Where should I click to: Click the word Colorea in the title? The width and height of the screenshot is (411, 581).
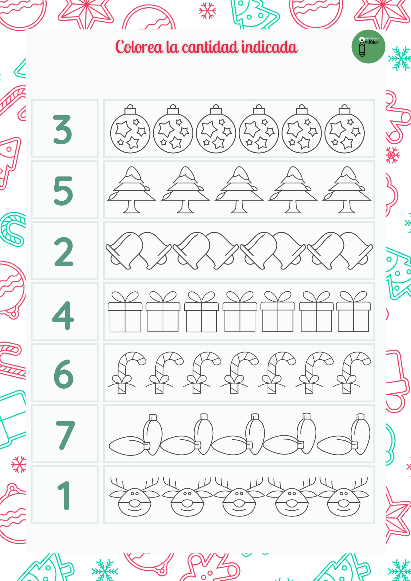tap(139, 47)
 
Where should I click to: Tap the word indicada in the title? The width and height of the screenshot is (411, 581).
tap(269, 47)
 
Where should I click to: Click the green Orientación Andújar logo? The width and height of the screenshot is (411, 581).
tap(368, 46)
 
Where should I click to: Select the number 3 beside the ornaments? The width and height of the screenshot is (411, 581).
tap(62, 129)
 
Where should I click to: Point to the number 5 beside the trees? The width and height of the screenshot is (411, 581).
tap(63, 190)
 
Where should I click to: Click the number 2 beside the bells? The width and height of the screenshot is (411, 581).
tap(63, 252)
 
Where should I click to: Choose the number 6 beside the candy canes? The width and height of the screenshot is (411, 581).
tap(63, 374)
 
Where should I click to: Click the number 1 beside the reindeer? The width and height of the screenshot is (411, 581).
tap(64, 496)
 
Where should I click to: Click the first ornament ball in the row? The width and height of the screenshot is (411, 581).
tap(130, 133)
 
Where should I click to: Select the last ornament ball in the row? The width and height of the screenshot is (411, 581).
tap(344, 133)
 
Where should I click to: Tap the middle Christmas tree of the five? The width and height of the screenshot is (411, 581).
tap(239, 189)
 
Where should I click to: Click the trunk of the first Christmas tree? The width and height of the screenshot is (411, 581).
tap(131, 207)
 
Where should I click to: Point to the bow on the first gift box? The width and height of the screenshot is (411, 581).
tap(125, 297)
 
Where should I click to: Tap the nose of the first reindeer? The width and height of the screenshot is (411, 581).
tap(134, 503)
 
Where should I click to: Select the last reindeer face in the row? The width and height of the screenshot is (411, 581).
tap(343, 500)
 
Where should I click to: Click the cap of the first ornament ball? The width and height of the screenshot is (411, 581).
tap(130, 109)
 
